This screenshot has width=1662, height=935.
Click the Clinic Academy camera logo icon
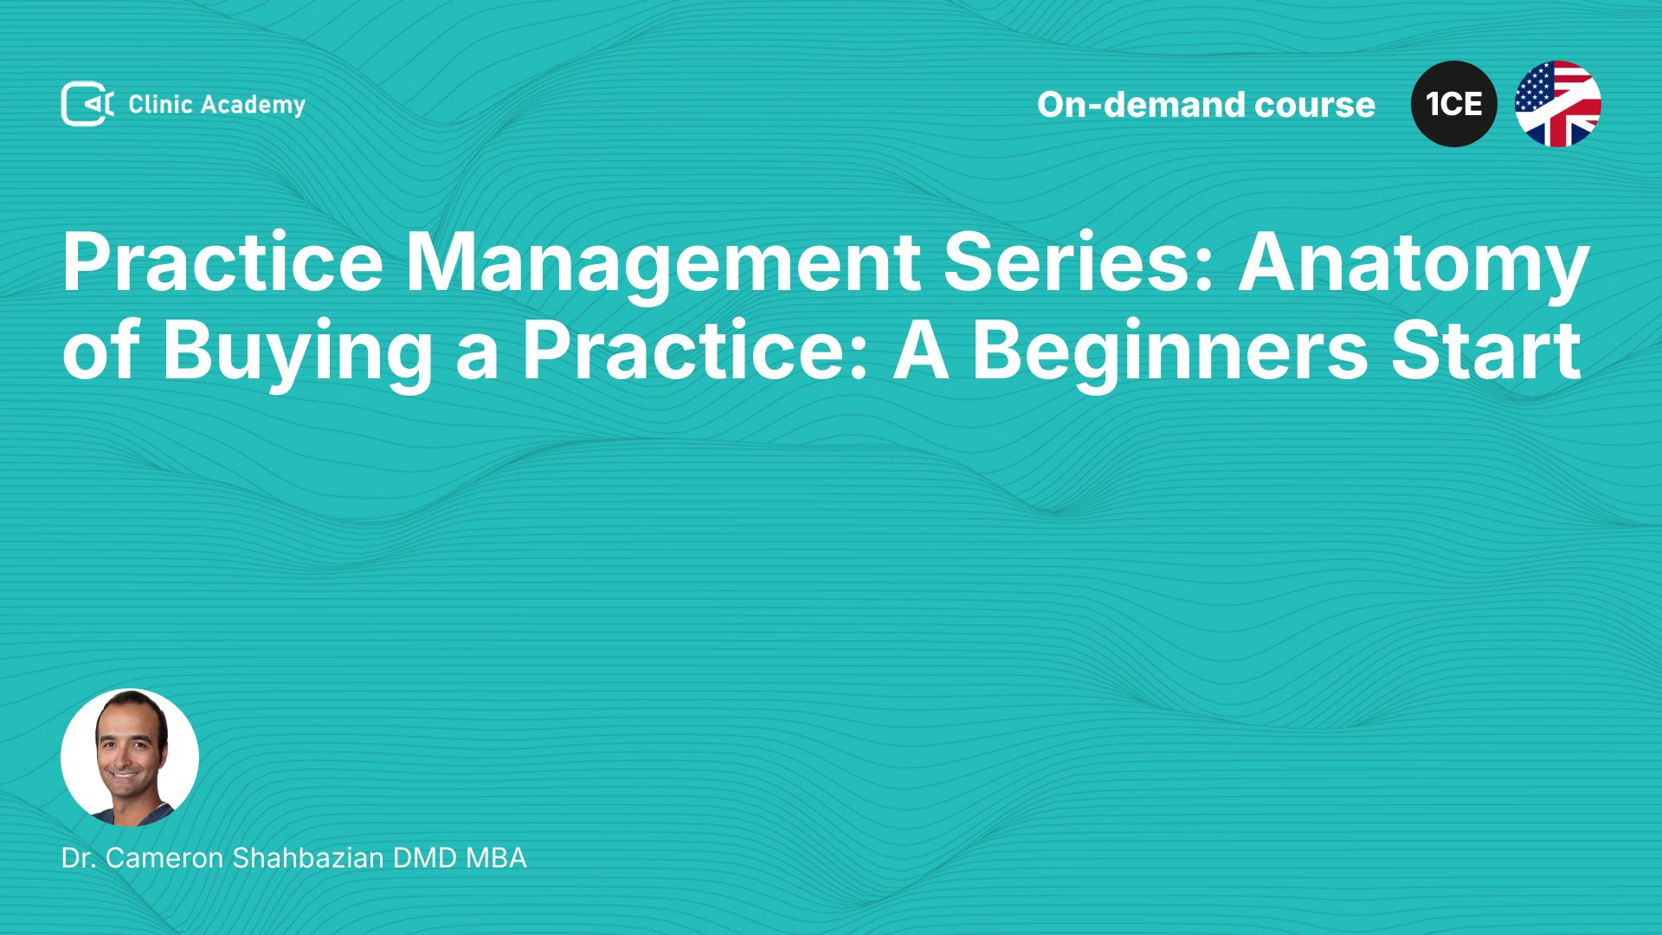pos(87,104)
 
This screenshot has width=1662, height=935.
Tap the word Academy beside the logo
pos(254,106)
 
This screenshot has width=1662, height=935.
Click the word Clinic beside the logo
pos(160,104)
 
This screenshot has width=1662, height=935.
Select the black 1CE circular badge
pos(1454,104)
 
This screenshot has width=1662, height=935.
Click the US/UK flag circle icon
pos(1558,104)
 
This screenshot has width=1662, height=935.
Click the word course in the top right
pos(1315,105)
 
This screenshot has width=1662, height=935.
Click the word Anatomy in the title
pos(1414,264)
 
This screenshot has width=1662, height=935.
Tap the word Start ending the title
pos(1486,350)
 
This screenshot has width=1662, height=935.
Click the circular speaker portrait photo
pos(130,758)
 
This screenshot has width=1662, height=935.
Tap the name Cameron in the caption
pos(164,858)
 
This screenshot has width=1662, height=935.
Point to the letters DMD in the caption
pos(425,858)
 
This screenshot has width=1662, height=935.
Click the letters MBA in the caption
pos(496,858)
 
